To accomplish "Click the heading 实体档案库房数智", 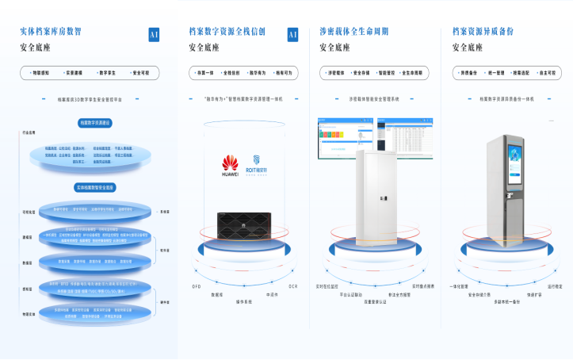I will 51,32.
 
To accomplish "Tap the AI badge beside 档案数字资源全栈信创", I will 292,34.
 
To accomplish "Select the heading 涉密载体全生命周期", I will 354,32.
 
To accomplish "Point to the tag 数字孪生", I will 107,72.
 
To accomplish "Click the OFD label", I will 197,285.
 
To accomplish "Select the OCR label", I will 292,285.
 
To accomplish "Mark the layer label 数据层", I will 27,262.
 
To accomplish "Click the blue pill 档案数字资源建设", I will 94,123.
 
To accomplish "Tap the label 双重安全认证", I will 375,301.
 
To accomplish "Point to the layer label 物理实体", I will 29,313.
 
